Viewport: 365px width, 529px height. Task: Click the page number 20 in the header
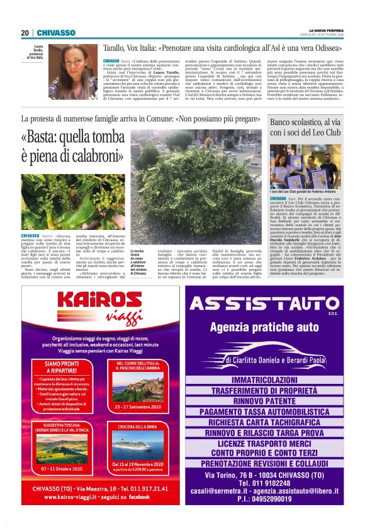pos(25,33)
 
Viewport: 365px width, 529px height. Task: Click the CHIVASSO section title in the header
pos(55,33)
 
